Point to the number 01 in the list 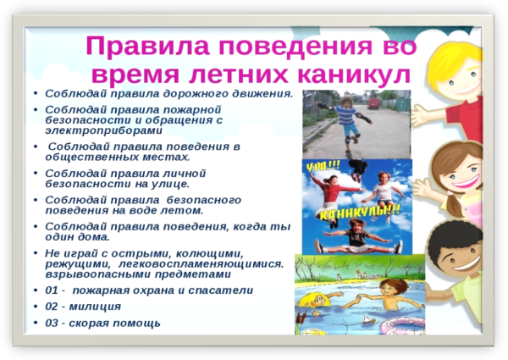click(x=52, y=290)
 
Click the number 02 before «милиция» click(x=52, y=307)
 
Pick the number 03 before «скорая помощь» click(x=52, y=323)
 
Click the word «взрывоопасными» click(x=92, y=274)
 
